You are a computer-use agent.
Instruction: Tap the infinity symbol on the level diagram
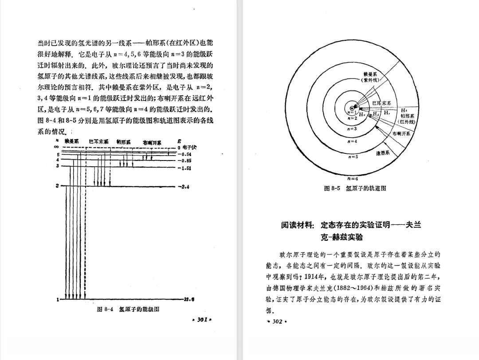tap(57, 147)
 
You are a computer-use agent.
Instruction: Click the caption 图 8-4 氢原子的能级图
tap(128, 309)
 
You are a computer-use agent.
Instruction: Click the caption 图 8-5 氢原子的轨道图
tap(355, 188)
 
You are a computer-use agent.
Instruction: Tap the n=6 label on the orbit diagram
tap(353, 178)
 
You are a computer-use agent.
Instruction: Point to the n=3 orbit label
tap(352, 129)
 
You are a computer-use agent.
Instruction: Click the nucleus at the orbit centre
tap(352, 108)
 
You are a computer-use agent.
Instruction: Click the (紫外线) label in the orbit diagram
tap(370, 80)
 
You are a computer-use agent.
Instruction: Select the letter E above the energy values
tap(179, 142)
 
